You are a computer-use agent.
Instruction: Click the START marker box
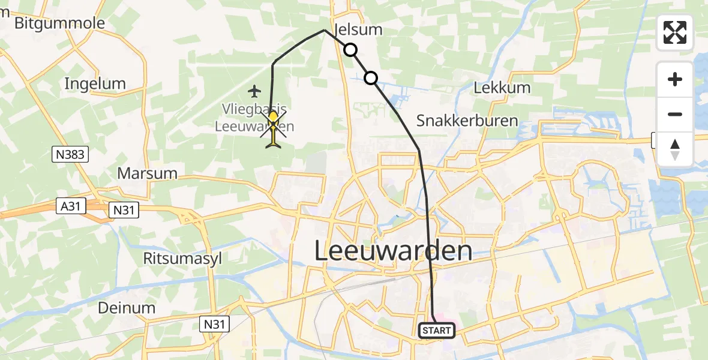(437, 330)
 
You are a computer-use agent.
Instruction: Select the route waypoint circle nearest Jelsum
(350, 50)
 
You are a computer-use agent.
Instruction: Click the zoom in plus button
(675, 79)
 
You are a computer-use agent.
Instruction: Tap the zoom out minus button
(675, 114)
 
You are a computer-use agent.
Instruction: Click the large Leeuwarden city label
(392, 251)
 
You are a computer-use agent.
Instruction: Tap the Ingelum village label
(95, 83)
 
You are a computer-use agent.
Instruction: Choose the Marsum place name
(148, 173)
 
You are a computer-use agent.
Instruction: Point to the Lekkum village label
(502, 88)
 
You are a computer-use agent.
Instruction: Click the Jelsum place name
(358, 29)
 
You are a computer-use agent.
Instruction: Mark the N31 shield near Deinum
(214, 325)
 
